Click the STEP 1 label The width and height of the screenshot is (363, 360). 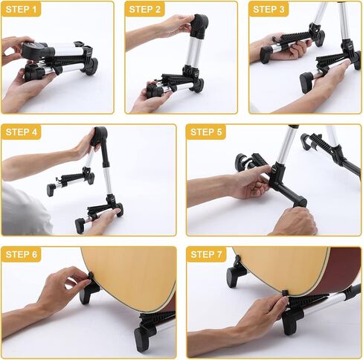point(21,10)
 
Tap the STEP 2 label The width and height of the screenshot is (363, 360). point(145,10)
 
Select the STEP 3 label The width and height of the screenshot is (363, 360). point(269,10)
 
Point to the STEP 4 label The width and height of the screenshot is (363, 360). point(21,132)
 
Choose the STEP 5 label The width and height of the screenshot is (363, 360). point(206,132)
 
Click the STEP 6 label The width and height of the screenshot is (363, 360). point(21,254)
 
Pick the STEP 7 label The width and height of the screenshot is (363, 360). point(206,254)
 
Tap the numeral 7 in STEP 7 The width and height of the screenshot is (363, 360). point(219,254)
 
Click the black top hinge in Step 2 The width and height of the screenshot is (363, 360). point(199,26)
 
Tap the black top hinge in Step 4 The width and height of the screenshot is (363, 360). point(99,136)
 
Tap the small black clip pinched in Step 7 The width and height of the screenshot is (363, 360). point(284,294)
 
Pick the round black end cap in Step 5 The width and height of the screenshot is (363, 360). point(241,162)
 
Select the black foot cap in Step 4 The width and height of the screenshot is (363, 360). point(80,225)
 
